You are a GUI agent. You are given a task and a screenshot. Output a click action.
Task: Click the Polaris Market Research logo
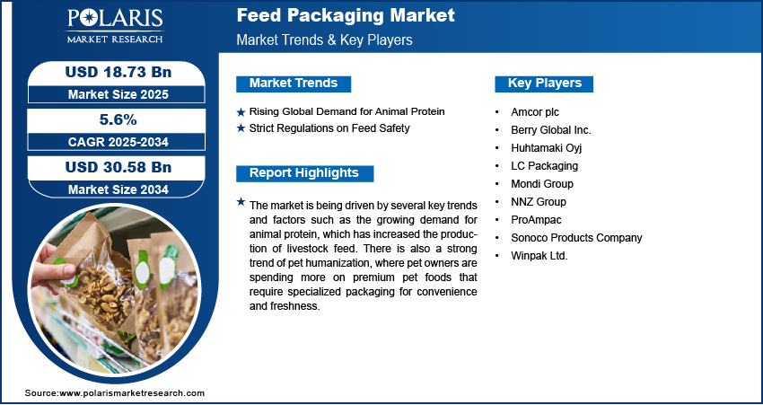[x=115, y=25]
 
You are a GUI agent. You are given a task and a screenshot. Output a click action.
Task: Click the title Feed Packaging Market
[x=346, y=15]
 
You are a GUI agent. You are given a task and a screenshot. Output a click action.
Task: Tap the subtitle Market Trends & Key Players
[x=324, y=40]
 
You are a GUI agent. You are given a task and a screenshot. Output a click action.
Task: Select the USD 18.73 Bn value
[x=118, y=72]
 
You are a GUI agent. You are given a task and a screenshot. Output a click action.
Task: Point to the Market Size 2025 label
[x=118, y=94]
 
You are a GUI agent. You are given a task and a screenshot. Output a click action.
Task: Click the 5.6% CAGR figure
[x=118, y=119]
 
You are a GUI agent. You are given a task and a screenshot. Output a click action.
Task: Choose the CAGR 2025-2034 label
[x=118, y=142]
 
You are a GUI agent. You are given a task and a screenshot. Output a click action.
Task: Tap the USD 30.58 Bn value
[x=118, y=167]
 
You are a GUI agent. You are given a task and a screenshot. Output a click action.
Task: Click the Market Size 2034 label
[x=118, y=189]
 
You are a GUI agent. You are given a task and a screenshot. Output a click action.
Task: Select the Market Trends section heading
[x=294, y=84]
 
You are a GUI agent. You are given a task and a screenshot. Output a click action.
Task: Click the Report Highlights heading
[x=304, y=173]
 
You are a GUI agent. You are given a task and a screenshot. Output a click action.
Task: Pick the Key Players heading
[x=544, y=84]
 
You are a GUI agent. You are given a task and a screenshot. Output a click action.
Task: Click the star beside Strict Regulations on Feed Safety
[x=241, y=128]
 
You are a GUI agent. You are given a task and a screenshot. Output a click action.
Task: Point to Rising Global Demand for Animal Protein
[x=347, y=111]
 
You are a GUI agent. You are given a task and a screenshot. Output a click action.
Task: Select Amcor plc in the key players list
[x=535, y=112]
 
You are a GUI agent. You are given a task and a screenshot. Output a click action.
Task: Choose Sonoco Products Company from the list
[x=576, y=238]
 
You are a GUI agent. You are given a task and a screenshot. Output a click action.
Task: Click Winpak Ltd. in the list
[x=539, y=256]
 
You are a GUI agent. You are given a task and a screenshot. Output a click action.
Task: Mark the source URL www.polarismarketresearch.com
[x=131, y=392]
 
